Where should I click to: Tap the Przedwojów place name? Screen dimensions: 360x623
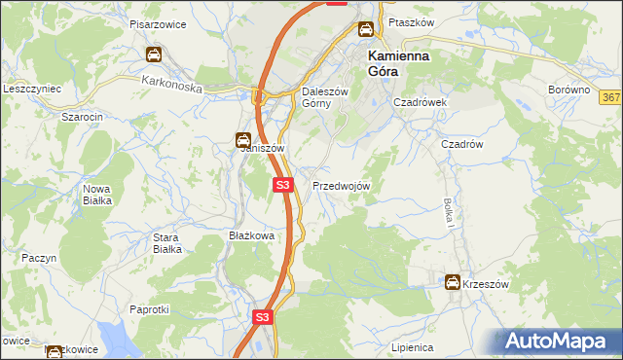pyautogui.click(x=341, y=185)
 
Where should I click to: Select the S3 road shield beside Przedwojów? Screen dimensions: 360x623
pyautogui.click(x=282, y=184)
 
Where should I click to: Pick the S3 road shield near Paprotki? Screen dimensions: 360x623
pyautogui.click(x=262, y=317)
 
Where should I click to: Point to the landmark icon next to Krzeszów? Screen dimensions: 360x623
pyautogui.click(x=453, y=282)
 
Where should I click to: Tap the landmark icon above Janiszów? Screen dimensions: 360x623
pyautogui.click(x=242, y=140)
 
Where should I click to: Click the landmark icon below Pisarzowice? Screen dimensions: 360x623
pyautogui.click(x=154, y=54)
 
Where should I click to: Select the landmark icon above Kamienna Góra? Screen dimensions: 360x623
pyautogui.click(x=365, y=30)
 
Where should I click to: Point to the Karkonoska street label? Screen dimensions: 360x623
pyautogui.click(x=170, y=86)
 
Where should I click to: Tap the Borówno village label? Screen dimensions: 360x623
pyautogui.click(x=569, y=90)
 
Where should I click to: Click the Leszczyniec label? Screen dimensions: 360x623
pyautogui.click(x=32, y=88)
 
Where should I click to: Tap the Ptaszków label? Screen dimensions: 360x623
pyautogui.click(x=410, y=21)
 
